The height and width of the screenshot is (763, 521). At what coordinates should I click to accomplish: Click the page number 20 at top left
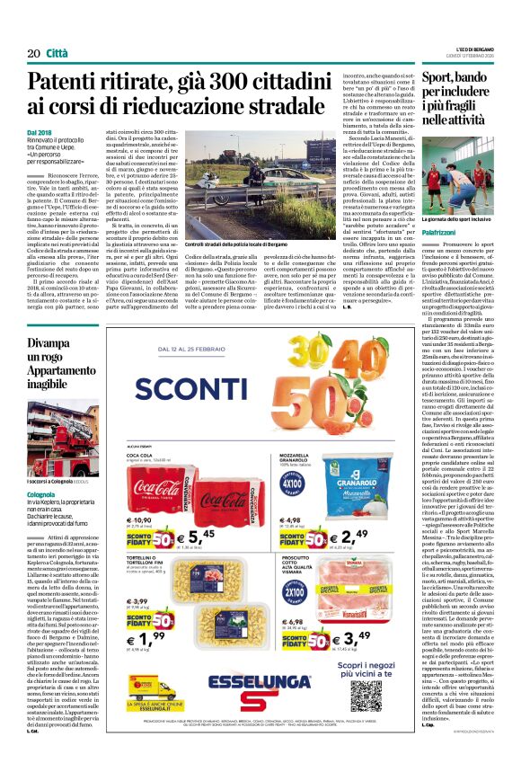[x=32, y=53]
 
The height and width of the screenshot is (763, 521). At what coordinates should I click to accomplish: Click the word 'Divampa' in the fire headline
[x=49, y=343]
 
